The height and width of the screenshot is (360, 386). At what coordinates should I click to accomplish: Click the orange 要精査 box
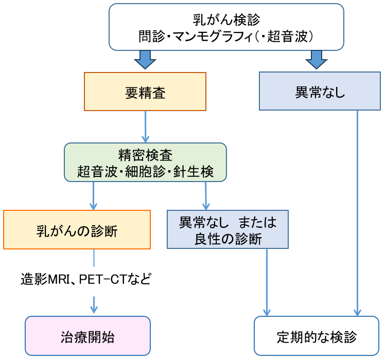click(x=145, y=92)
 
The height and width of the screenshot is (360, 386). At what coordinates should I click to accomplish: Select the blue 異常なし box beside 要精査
click(x=320, y=91)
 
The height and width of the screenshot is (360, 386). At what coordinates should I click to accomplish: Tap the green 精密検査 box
click(x=145, y=163)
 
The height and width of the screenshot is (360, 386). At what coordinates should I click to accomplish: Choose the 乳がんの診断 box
click(x=77, y=229)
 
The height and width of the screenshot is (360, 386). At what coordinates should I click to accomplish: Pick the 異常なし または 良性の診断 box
click(x=227, y=229)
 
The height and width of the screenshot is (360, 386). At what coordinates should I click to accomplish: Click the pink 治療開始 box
click(x=87, y=336)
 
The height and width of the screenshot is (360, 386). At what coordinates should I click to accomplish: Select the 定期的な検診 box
click(x=317, y=336)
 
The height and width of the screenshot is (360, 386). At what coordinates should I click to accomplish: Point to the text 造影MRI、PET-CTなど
click(x=85, y=279)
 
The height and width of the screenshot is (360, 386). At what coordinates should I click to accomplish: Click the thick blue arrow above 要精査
click(x=145, y=60)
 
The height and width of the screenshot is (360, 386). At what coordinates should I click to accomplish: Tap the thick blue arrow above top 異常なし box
click(x=317, y=60)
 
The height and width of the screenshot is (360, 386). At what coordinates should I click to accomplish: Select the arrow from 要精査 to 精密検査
click(x=145, y=127)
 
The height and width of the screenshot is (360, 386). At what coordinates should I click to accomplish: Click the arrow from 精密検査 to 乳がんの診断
click(x=93, y=196)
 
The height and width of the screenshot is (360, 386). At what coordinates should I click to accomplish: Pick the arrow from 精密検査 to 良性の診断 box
click(x=206, y=196)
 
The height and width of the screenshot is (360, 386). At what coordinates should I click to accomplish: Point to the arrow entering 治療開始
click(x=94, y=305)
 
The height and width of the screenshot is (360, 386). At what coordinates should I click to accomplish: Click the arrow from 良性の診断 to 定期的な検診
click(x=267, y=282)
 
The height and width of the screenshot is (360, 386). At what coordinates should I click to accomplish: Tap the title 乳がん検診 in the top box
click(x=226, y=20)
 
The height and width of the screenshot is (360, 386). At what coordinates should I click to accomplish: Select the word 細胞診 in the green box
click(x=145, y=171)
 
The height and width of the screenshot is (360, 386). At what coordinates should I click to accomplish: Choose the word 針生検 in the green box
click(x=193, y=171)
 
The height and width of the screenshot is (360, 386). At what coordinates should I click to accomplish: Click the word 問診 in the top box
click(x=152, y=37)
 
